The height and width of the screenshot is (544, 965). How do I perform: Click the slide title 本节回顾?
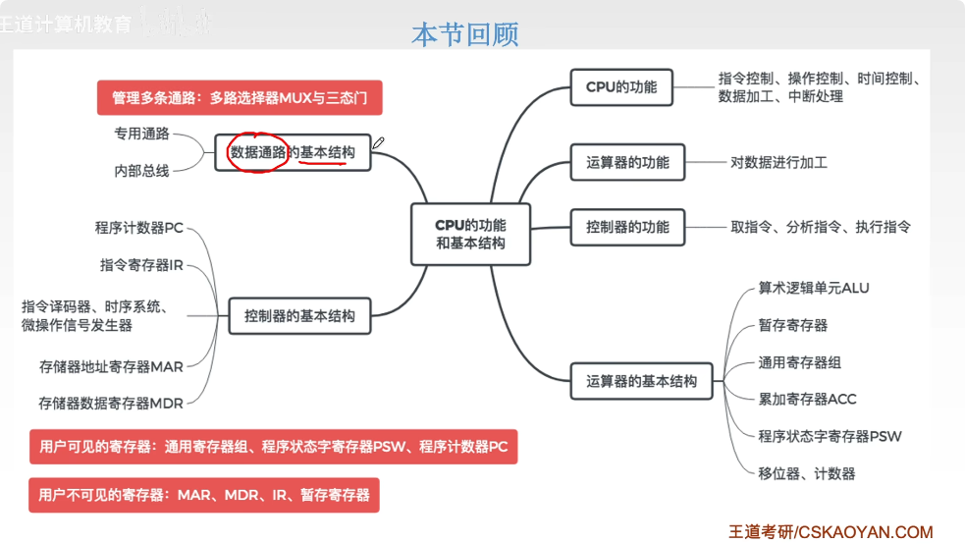click(x=464, y=35)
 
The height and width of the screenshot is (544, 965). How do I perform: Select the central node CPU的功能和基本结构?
click(x=470, y=234)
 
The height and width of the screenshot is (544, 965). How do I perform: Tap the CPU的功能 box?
click(x=621, y=86)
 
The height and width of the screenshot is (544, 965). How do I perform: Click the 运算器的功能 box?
click(x=627, y=162)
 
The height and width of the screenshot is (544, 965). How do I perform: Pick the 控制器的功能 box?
click(x=627, y=227)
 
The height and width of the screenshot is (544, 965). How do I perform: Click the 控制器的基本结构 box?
click(x=299, y=317)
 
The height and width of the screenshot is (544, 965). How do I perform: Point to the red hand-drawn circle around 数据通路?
click(x=258, y=152)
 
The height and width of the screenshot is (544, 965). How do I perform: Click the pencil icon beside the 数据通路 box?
click(x=379, y=143)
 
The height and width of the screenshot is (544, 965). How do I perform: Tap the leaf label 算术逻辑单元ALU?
click(x=813, y=288)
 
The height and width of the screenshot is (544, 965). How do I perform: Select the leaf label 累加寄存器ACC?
click(x=807, y=399)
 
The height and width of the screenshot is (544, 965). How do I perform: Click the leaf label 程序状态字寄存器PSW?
click(x=830, y=436)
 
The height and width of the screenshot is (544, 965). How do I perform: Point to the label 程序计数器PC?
click(x=138, y=228)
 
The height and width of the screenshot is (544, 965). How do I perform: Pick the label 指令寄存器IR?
click(x=141, y=265)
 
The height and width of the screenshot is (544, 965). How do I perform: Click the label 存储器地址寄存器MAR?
click(x=111, y=366)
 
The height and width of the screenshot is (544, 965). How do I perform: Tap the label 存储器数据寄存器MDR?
click(x=111, y=403)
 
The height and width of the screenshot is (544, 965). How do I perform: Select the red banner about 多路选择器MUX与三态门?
click(x=239, y=98)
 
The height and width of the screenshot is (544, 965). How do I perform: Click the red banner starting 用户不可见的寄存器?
click(x=204, y=495)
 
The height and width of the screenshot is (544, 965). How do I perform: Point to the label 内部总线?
click(x=142, y=171)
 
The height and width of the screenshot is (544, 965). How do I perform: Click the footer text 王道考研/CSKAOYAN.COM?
click(x=831, y=531)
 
